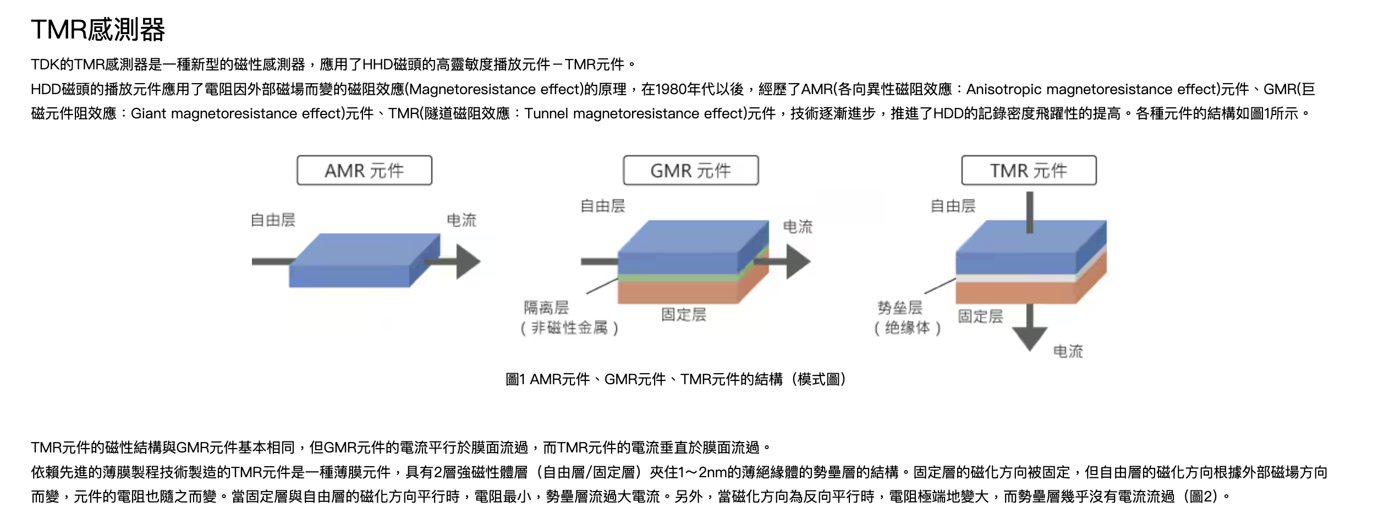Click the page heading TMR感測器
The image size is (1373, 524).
(98, 30)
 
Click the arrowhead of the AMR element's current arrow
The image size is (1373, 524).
(468, 261)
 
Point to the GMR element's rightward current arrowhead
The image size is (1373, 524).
(798, 261)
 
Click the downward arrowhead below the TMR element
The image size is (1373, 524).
(1030, 339)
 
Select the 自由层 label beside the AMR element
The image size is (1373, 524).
(273, 220)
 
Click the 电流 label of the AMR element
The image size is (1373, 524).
(462, 220)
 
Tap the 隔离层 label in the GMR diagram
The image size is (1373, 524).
(546, 307)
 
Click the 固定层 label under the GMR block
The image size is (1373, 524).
(684, 314)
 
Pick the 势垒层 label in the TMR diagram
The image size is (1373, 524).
(900, 307)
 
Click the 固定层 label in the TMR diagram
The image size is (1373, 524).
(980, 316)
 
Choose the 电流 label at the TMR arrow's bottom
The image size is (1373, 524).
(1068, 351)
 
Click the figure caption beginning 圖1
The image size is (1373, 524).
(676, 379)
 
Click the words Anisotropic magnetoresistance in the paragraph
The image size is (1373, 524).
(1079, 89)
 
